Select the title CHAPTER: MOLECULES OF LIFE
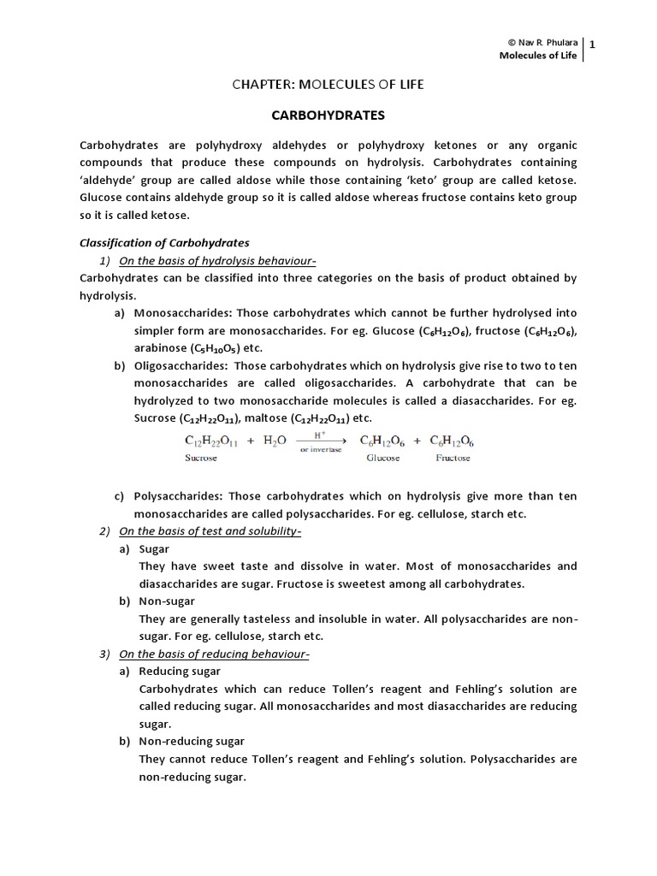tap(328, 84)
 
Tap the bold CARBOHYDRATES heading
tap(328, 114)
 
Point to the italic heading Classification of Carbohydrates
tap(164, 243)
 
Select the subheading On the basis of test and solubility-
tap(210, 531)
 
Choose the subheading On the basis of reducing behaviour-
tap(214, 654)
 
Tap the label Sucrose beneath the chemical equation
tap(201, 458)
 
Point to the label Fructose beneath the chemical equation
tap(453, 458)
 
